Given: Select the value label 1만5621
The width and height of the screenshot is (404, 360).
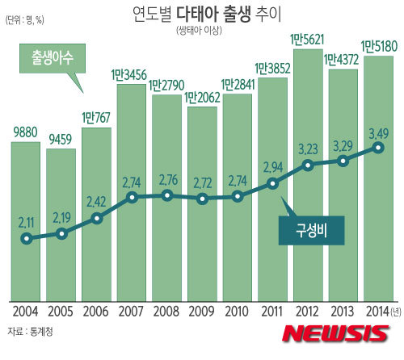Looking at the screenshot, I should click(308, 39).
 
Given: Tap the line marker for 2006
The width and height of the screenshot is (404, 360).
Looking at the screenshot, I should click(97, 218).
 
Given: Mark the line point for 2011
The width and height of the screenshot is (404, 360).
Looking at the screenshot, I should click(273, 184).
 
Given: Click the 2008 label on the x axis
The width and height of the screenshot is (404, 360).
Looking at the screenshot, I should click(166, 312).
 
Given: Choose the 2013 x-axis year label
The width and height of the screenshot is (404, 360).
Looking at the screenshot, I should click(343, 312).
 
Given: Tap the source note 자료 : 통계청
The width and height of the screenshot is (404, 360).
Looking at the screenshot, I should click(34, 332).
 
